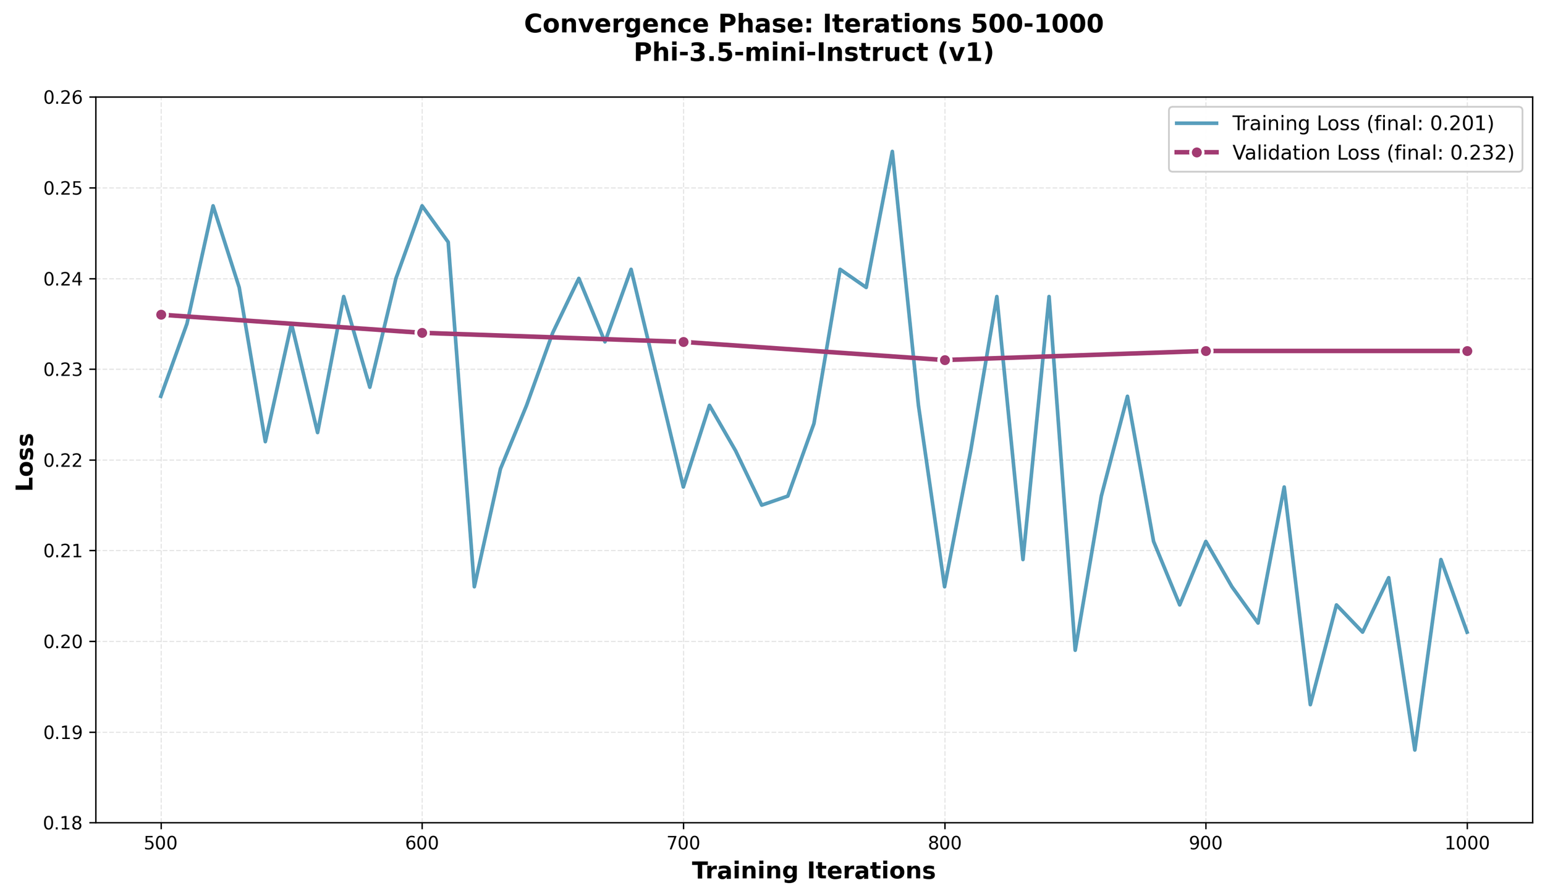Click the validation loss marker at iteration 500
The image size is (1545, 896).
161,315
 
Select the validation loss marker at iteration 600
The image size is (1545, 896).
422,333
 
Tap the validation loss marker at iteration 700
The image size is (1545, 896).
684,342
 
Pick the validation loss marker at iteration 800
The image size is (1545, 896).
945,360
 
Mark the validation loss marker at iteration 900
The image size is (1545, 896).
1206,351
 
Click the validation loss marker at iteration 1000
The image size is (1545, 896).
1467,351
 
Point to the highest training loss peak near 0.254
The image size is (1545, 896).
892,151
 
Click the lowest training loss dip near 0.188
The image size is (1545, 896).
1415,750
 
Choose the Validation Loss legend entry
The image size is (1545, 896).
1372,153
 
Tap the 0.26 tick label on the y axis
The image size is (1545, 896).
66,98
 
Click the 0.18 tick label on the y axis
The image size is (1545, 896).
66,823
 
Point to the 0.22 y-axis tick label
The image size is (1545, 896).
66,460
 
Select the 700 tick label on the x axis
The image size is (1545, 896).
684,845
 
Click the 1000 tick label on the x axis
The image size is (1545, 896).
1467,845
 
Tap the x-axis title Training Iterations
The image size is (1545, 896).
813,871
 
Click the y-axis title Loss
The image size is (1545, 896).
25,461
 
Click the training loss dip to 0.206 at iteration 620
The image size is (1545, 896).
474,586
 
